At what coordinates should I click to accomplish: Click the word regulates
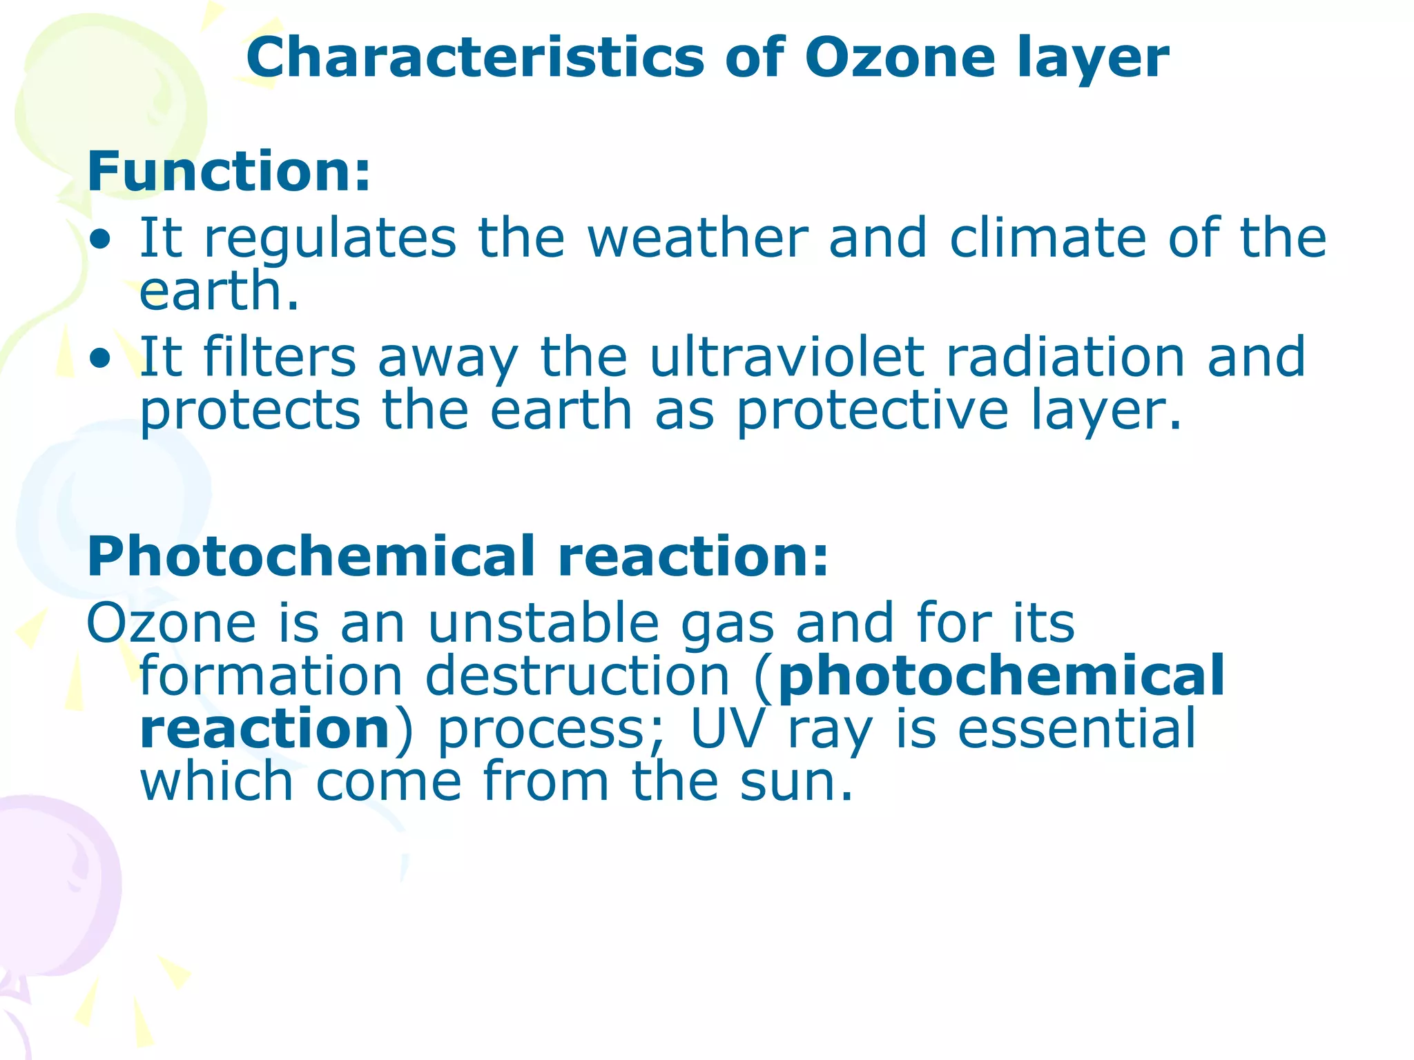330,239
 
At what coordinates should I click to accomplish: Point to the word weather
697,239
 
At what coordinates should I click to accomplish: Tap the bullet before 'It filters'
101,359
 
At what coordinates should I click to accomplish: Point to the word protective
873,411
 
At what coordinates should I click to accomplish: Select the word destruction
577,676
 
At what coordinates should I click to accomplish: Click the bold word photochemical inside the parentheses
1001,676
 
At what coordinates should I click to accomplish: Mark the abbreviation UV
728,729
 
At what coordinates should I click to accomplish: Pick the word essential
1077,729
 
